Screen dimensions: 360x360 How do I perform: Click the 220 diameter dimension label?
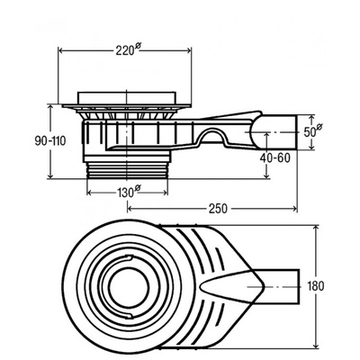[x=128, y=49]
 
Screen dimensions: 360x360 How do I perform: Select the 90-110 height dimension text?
[x=50, y=140]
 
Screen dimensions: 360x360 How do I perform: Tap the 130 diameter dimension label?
[x=128, y=192]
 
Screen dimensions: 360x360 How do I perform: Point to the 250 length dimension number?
[x=218, y=209]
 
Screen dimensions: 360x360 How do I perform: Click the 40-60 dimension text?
[x=276, y=158]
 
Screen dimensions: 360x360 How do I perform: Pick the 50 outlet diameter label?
[x=313, y=131]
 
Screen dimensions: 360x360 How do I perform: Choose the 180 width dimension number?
[x=316, y=286]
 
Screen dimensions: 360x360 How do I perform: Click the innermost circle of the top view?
[x=129, y=286]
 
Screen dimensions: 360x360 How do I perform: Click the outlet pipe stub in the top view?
[x=281, y=286]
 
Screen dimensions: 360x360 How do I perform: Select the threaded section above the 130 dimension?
[x=127, y=171]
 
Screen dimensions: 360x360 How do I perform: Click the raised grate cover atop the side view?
[x=126, y=98]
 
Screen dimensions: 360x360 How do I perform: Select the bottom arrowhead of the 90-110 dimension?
[x=50, y=175]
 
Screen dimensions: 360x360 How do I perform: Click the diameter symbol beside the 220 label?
[x=138, y=46]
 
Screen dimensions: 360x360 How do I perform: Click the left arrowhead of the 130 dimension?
[x=90, y=193]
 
